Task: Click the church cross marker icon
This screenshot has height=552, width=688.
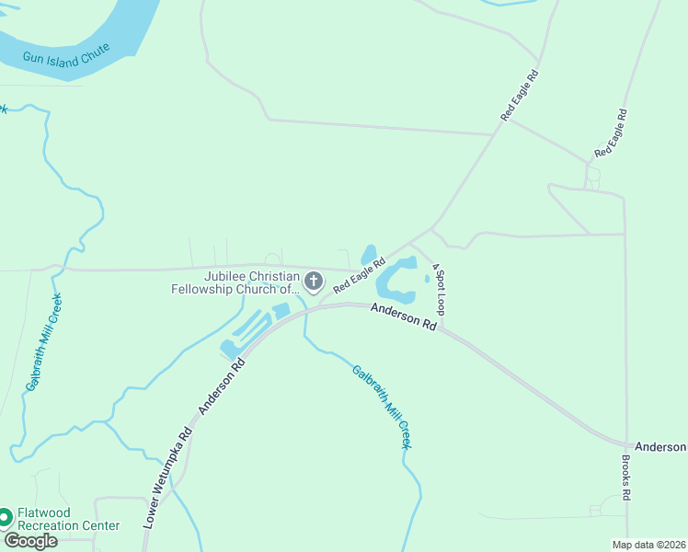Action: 314,282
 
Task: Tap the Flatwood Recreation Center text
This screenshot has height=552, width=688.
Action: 69,520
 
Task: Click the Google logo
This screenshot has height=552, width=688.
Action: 30,541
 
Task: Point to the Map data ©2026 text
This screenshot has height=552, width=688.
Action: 648,545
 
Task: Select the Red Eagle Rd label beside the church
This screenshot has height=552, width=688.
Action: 359,275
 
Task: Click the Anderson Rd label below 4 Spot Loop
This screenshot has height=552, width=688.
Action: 404,317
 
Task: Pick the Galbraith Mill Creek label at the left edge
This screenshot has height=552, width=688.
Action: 43,342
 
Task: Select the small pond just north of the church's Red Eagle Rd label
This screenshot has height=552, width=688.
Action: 369,253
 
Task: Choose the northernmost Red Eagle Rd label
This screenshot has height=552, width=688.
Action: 519,95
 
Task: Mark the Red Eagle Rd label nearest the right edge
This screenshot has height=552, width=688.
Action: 611,132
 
